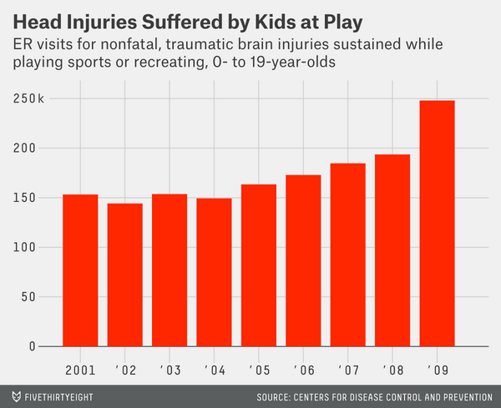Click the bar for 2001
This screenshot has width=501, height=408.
[x=80, y=270]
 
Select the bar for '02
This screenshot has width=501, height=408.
[x=124, y=275]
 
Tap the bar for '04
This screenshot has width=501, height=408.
[x=214, y=277]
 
